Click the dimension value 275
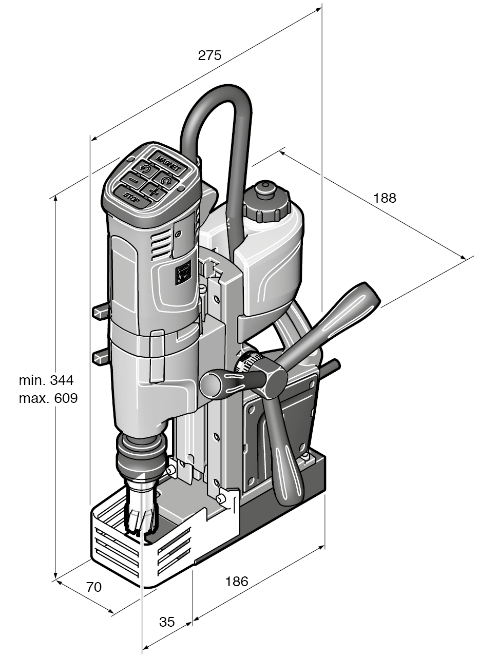209,55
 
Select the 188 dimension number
385,198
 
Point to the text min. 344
47,380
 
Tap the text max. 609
48,398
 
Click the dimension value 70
94,587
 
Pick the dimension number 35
167,622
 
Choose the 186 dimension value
237,582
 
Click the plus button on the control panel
154,191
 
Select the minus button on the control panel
133,180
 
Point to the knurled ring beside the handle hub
246,364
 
